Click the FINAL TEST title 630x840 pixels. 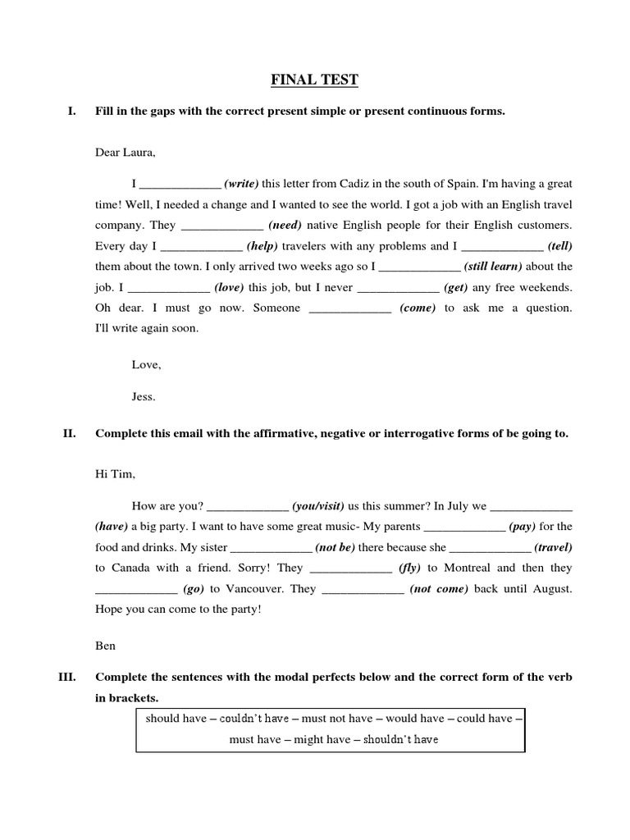click(315, 80)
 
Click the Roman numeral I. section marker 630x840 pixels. click(71, 112)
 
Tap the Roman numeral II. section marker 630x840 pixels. click(69, 434)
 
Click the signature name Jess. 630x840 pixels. click(144, 396)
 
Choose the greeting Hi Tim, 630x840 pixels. click(116, 474)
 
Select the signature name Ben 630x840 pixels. click(106, 646)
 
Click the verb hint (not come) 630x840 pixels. click(439, 589)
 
